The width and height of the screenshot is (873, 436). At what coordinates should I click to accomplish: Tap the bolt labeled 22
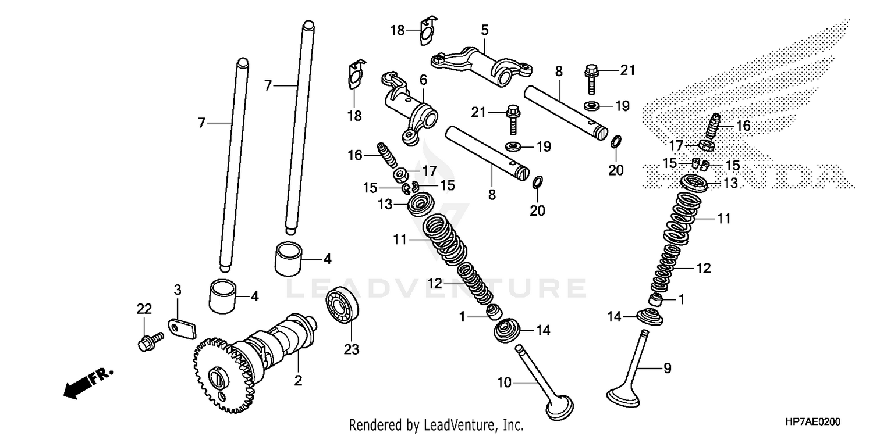(x=149, y=342)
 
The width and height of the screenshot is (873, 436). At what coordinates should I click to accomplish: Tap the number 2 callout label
(x=298, y=381)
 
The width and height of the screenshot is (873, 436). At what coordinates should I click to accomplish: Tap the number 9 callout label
(x=668, y=368)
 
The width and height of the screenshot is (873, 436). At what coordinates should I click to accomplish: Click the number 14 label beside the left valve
(x=542, y=330)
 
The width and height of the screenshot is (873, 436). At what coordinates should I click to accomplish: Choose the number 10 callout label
(x=504, y=382)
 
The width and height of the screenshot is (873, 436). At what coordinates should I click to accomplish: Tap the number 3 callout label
(x=178, y=289)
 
